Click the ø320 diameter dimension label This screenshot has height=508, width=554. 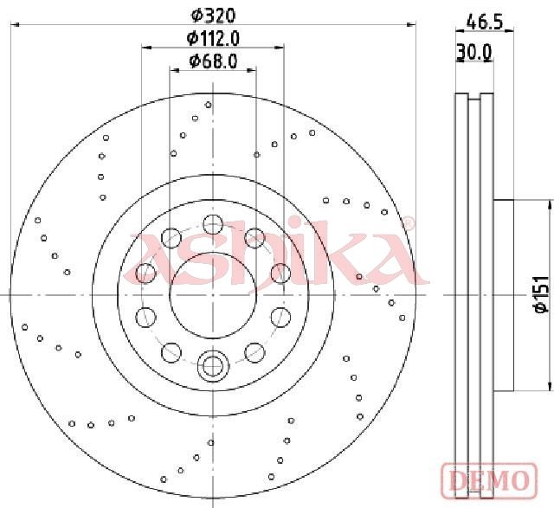pos(213,16)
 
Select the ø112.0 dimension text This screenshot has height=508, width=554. pos(213,38)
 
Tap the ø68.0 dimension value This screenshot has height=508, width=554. pos(213,61)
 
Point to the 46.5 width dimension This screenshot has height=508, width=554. pos(485,23)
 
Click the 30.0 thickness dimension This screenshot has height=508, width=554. pos(473,52)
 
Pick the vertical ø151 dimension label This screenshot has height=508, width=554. pos(542,294)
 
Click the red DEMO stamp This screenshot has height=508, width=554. pos(489,479)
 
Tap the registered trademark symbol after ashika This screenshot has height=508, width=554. pos(408,223)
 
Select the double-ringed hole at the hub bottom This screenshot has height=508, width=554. pos(213,366)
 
